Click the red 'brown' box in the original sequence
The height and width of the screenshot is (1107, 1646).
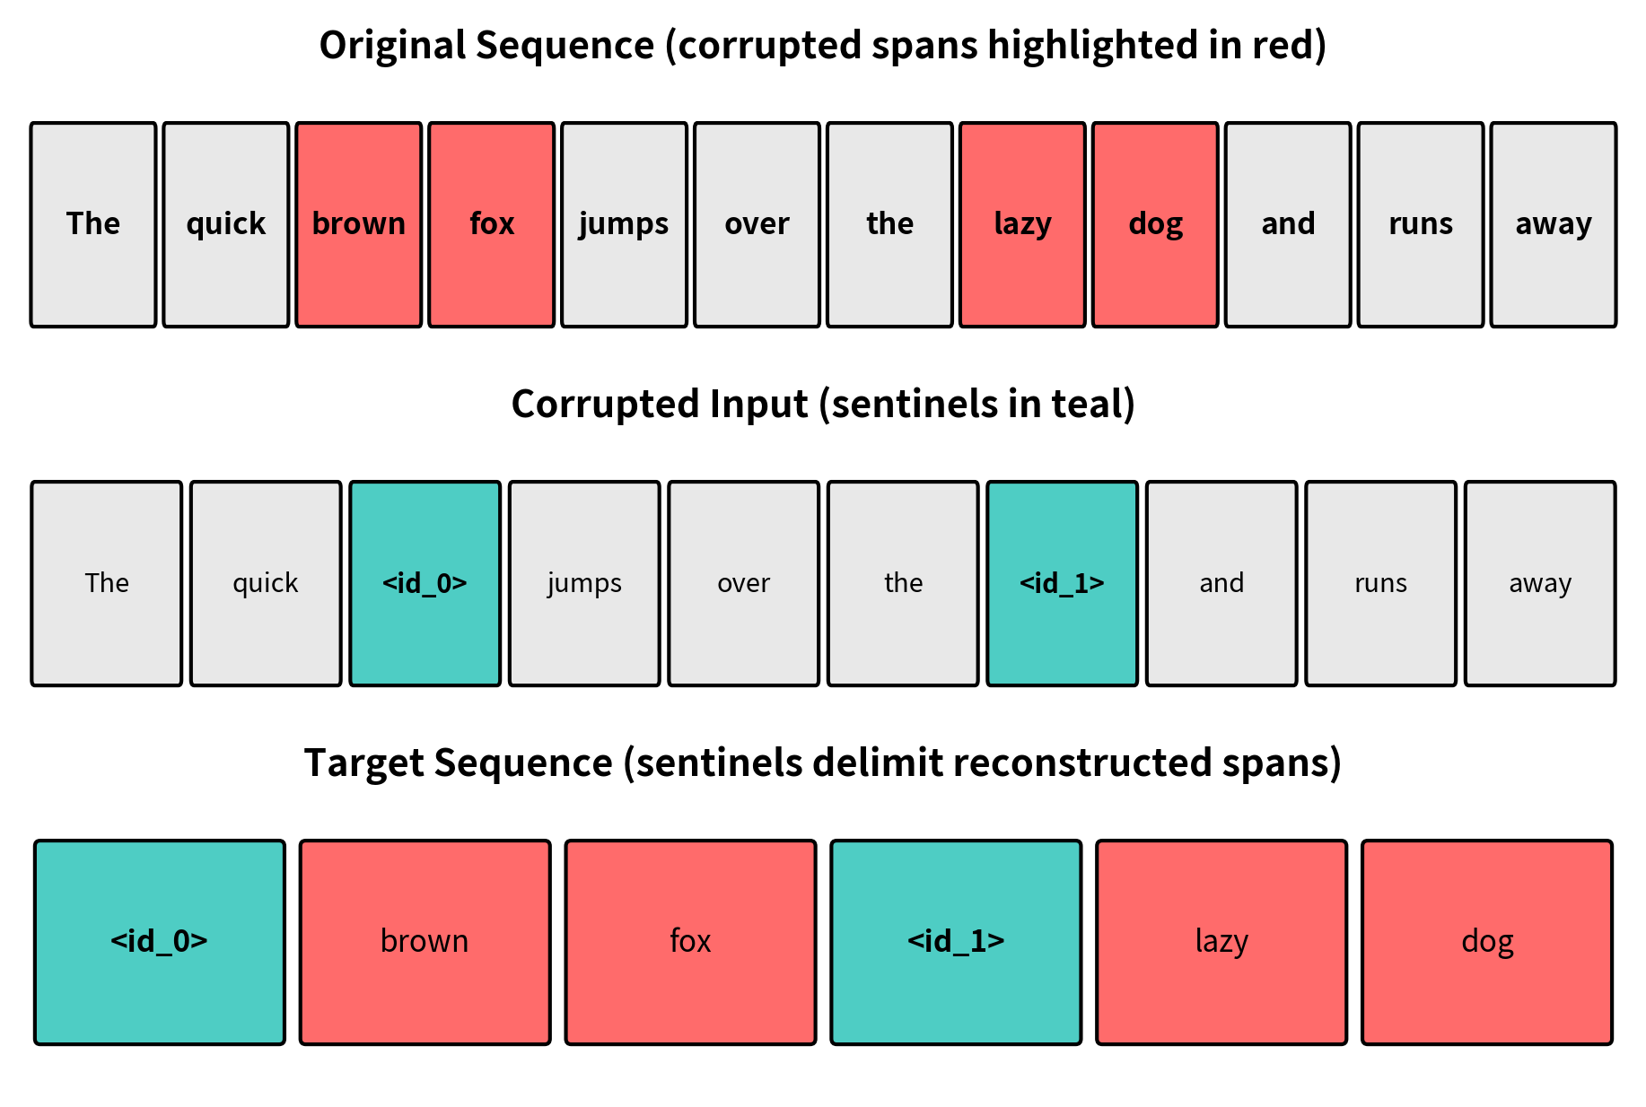coord(358,224)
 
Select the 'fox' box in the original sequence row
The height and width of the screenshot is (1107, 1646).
coord(491,224)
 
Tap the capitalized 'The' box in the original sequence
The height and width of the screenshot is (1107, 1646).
coord(93,224)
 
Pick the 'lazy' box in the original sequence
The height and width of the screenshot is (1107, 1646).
coord(1022,224)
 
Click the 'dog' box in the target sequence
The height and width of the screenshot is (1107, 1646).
coord(1486,942)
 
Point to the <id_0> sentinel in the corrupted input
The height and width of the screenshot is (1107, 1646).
coord(425,583)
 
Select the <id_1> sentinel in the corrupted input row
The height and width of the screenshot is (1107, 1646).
coord(1062,583)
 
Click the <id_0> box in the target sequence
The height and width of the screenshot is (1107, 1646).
coord(160,942)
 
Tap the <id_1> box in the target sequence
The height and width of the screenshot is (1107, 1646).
coord(956,942)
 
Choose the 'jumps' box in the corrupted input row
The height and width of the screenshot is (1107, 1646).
coord(584,583)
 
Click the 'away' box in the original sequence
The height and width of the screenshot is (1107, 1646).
coord(1553,224)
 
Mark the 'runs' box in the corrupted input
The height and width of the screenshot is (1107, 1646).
coord(1380,583)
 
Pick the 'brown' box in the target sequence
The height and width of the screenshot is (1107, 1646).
coord(425,942)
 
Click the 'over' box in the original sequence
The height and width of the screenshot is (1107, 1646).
coord(757,224)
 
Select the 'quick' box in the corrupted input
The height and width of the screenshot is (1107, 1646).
coord(266,583)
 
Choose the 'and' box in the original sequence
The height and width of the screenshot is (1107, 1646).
coord(1287,224)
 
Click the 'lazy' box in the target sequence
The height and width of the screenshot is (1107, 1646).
coord(1221,942)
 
